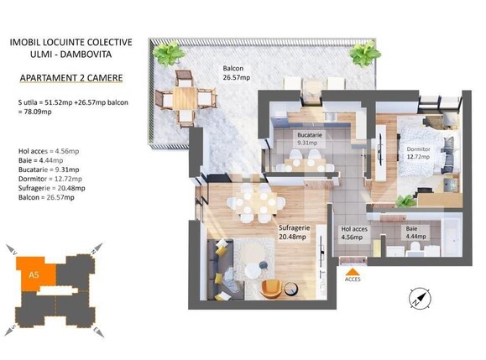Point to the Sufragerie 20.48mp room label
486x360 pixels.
(x=295, y=231)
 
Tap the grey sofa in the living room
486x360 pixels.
(x=217, y=269)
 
